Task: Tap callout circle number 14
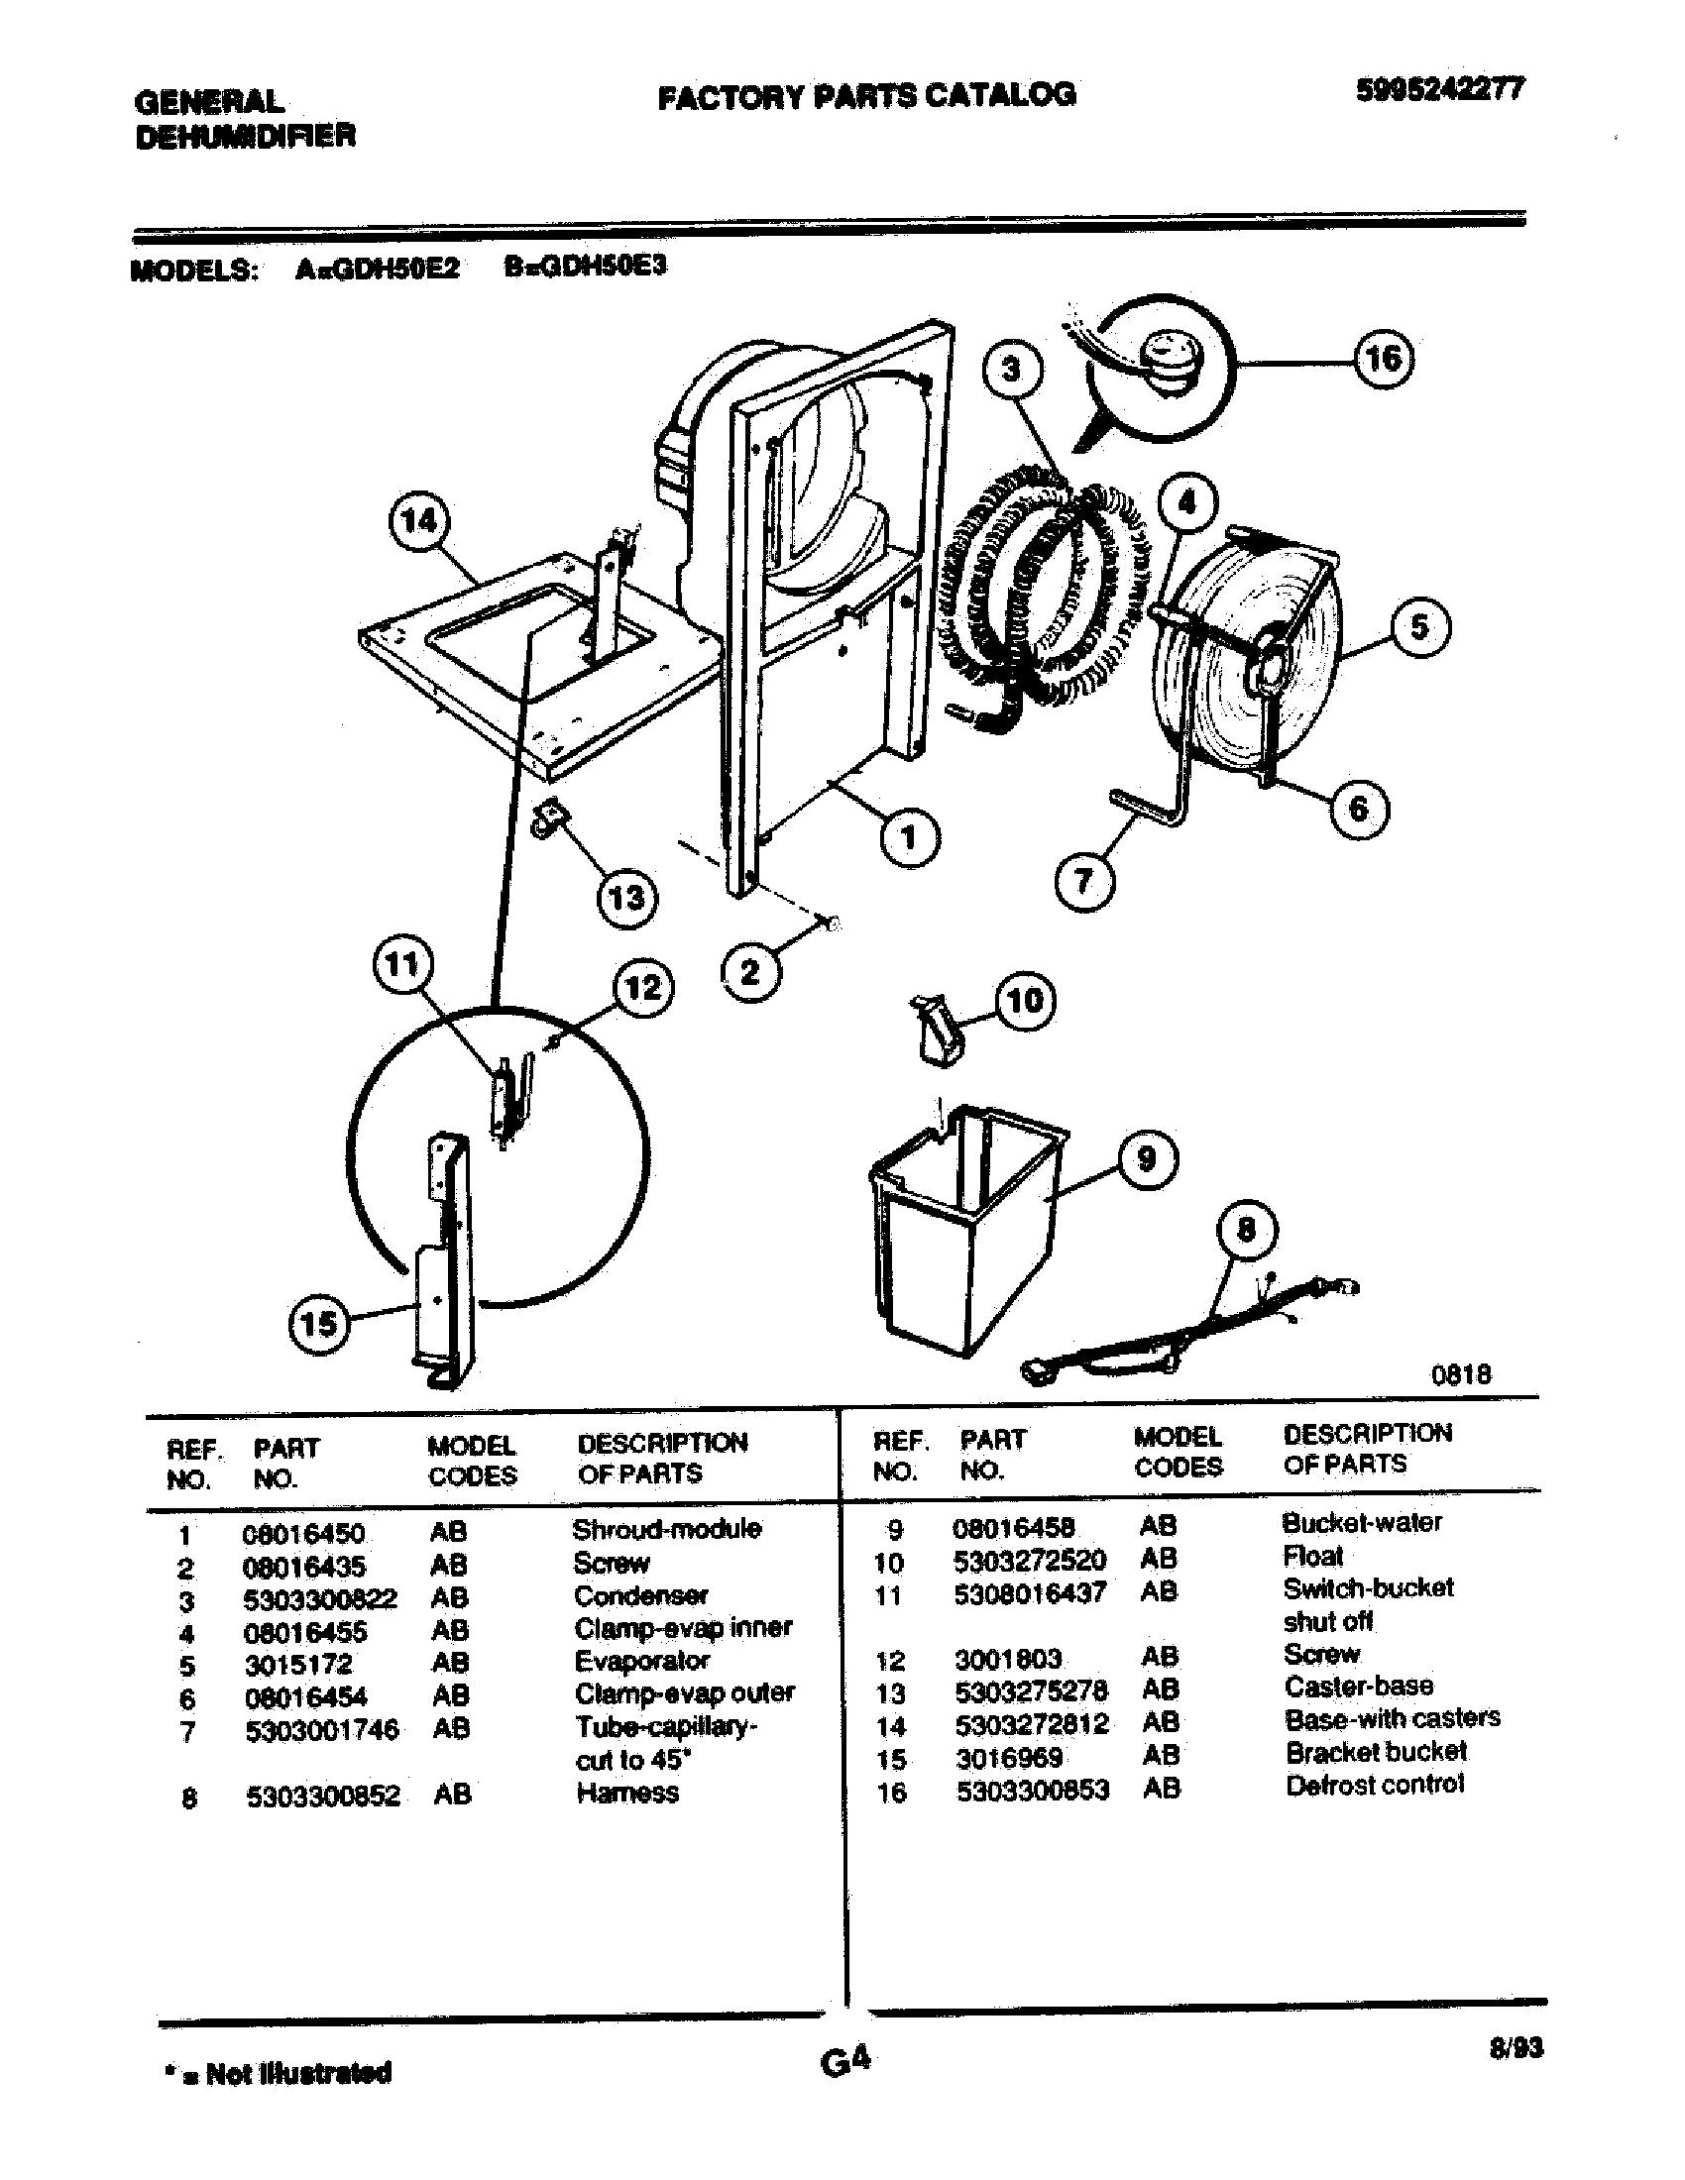click(x=418, y=520)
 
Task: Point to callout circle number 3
click(x=1011, y=370)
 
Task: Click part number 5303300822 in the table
click(x=319, y=1599)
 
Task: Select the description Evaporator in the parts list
click(x=641, y=1661)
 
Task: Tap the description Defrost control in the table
click(x=1375, y=1785)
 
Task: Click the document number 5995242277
click(x=1438, y=91)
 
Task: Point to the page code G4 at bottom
click(x=845, y=2060)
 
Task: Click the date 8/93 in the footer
click(x=1516, y=2048)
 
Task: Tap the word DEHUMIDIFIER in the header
click(x=245, y=136)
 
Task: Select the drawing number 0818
click(x=1460, y=1374)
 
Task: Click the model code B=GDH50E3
click(x=585, y=268)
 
